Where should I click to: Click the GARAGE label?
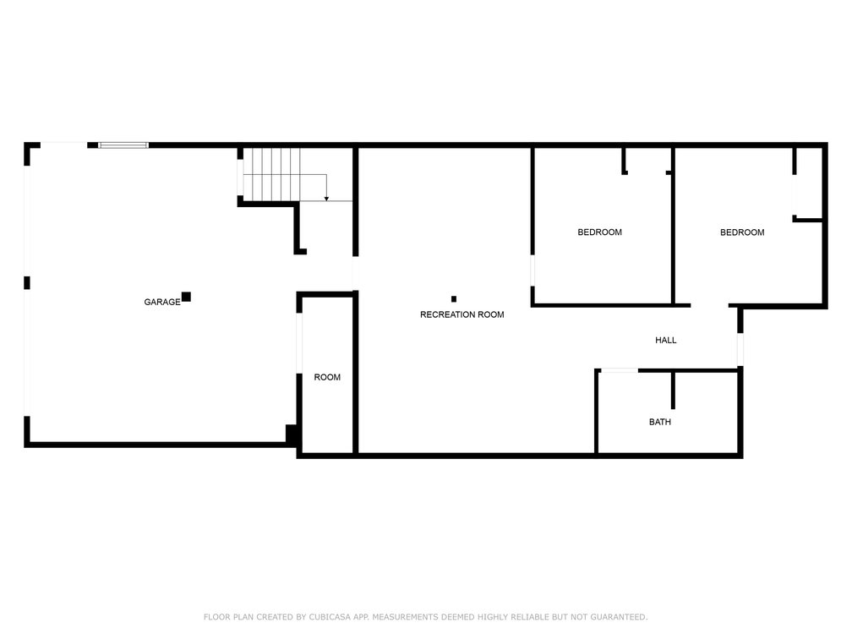pos(162,302)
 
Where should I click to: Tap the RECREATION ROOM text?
pos(461,314)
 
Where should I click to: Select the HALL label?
pos(666,340)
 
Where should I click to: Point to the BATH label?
pos(659,422)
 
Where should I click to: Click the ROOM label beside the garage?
pos(327,377)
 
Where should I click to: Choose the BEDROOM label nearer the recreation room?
pos(599,232)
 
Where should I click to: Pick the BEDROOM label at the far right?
pos(742,232)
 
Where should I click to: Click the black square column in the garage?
pos(186,297)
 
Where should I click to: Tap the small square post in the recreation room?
pos(454,299)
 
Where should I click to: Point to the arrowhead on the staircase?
pos(326,199)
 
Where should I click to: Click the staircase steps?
pos(271,174)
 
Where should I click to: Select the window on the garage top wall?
pos(123,145)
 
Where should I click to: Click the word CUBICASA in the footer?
pos(330,617)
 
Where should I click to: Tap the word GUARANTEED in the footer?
pos(619,617)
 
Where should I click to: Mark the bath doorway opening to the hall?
pos(620,370)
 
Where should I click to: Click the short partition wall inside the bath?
pos(673,390)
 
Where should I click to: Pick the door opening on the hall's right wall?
pos(740,349)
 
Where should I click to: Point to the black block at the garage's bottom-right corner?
pos(292,434)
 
